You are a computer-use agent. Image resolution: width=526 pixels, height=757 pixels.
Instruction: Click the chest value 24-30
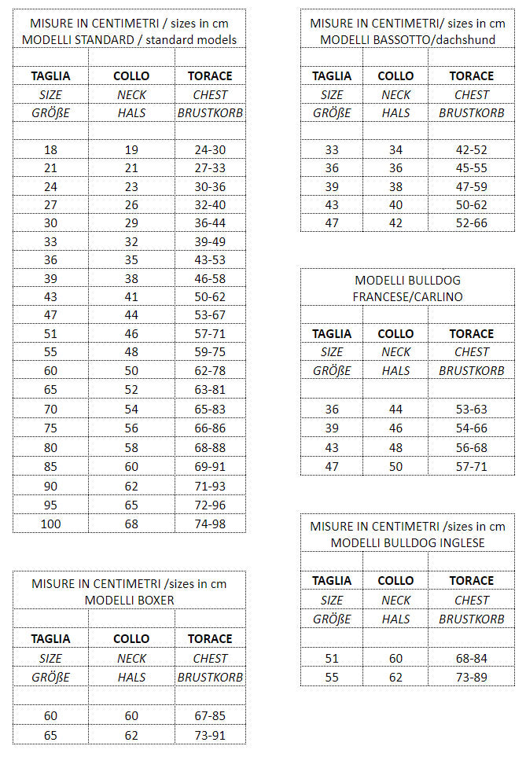click(210, 149)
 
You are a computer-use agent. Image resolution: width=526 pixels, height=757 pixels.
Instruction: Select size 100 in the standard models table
click(50, 524)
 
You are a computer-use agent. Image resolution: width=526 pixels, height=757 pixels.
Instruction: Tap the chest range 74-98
click(210, 524)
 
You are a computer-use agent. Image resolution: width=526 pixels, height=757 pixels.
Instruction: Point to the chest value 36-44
click(210, 223)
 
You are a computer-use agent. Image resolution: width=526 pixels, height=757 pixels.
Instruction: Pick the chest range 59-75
click(210, 352)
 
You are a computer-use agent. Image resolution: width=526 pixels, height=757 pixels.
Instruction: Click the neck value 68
click(131, 524)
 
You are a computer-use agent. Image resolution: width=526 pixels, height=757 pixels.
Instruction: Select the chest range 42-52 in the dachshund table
click(471, 149)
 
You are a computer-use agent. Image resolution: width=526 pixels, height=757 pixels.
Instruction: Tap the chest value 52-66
click(471, 223)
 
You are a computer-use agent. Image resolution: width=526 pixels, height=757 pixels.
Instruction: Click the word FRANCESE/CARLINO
click(407, 296)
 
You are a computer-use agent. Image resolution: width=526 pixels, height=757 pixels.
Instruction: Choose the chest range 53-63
click(471, 409)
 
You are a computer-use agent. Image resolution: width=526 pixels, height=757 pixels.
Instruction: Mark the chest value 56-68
click(471, 446)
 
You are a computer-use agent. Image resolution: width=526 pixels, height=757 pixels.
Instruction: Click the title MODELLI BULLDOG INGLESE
click(407, 542)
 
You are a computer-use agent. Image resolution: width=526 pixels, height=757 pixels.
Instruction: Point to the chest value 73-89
click(471, 676)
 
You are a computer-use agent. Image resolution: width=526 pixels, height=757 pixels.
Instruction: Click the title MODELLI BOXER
click(129, 600)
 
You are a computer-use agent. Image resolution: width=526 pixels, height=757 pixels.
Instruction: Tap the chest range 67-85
click(210, 716)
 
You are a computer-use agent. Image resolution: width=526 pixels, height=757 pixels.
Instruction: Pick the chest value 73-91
click(210, 735)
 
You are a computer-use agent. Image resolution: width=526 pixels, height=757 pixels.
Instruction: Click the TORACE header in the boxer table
click(210, 639)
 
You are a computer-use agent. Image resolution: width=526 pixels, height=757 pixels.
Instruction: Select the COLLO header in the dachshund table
click(395, 76)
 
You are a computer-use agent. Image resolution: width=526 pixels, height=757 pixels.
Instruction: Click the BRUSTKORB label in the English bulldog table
click(471, 619)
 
